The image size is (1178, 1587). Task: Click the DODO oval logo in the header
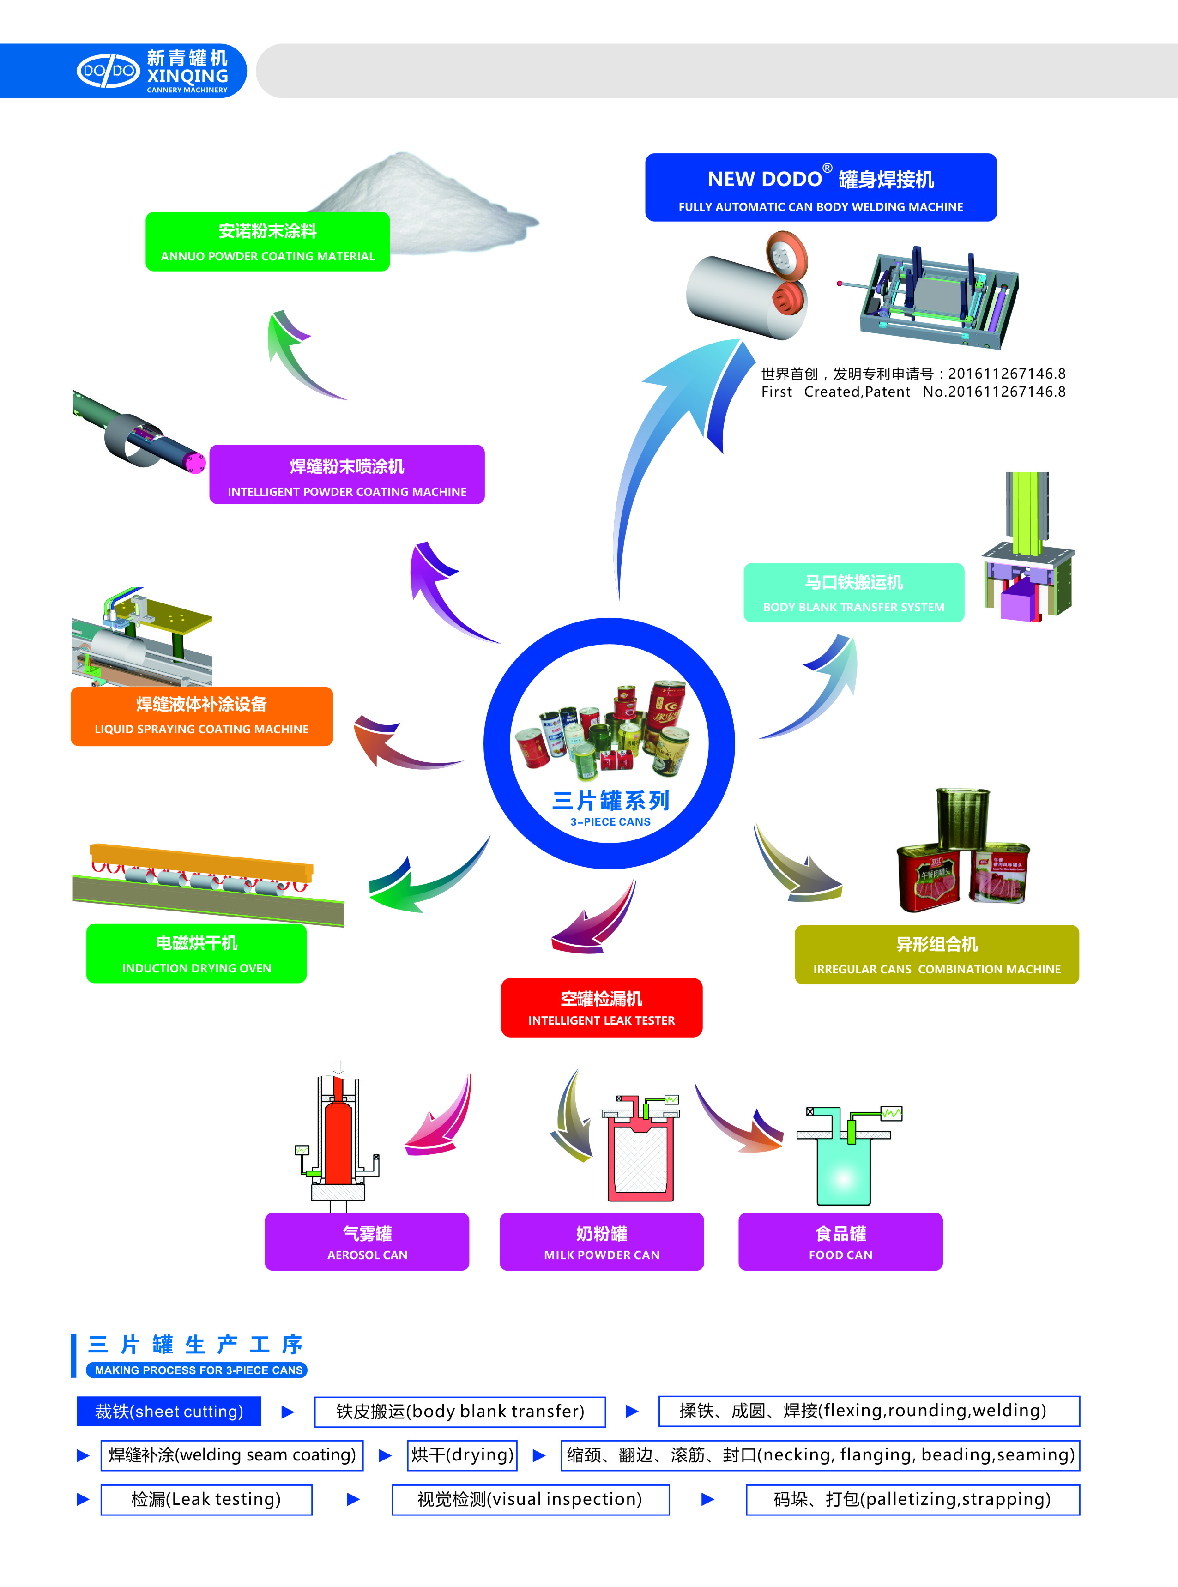click(x=108, y=71)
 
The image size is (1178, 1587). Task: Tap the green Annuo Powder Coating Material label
click(x=267, y=241)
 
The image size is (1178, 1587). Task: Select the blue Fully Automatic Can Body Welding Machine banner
click(x=820, y=187)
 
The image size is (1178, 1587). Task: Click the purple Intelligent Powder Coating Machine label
click(x=346, y=475)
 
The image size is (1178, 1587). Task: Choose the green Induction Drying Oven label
click(x=196, y=954)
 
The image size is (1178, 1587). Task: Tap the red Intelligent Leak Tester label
click(x=601, y=1008)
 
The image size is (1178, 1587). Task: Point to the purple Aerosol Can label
click(x=367, y=1242)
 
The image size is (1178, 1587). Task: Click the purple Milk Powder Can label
click(x=601, y=1242)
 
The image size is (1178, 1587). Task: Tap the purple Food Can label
click(x=840, y=1242)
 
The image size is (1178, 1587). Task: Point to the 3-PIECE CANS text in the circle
click(x=610, y=822)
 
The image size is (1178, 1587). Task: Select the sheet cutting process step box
click(x=169, y=1411)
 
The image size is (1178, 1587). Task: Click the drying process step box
click(x=462, y=1455)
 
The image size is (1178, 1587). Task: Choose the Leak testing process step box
click(x=206, y=1499)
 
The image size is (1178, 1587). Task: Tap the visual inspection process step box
click(x=530, y=1499)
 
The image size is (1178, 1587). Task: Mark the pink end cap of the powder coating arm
click(x=195, y=463)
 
